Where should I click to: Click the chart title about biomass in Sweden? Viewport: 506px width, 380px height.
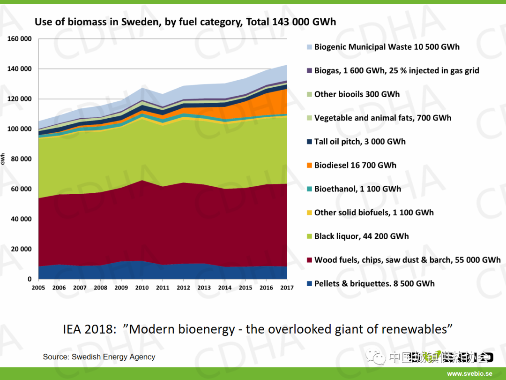[x=185, y=22]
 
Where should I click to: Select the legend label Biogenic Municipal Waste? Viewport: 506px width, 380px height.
[x=387, y=47]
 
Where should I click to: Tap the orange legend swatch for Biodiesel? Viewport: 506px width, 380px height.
[x=309, y=166]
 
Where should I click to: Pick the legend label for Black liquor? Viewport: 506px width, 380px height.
[x=361, y=236]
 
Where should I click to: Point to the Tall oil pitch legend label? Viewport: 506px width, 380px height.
[x=360, y=142]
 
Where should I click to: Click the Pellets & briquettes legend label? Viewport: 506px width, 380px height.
[x=374, y=283]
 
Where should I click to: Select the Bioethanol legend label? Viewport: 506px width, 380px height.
[x=357, y=189]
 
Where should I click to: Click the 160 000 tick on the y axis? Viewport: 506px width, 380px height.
[x=20, y=39]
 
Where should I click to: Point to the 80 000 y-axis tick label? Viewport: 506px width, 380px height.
[x=21, y=159]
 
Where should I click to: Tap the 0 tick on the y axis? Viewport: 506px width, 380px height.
[x=29, y=279]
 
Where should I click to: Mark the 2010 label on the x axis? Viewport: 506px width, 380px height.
[x=142, y=288]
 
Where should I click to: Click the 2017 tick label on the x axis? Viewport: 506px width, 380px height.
[x=287, y=288]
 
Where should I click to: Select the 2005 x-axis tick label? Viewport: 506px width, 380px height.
[x=38, y=288]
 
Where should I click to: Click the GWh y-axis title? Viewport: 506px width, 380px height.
[x=3, y=159]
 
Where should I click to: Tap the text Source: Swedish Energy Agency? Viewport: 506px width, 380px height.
[x=99, y=357]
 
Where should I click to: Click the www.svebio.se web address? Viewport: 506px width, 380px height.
[x=469, y=374]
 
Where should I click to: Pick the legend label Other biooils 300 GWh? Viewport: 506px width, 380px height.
[x=357, y=94]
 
